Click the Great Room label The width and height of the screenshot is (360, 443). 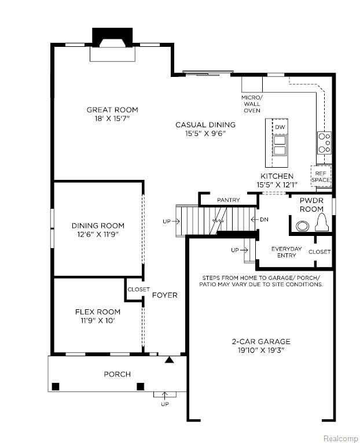pyautogui.click(x=112, y=110)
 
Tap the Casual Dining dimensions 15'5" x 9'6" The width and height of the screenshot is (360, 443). pyautogui.click(x=205, y=134)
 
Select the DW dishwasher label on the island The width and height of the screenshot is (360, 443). pyautogui.click(x=280, y=127)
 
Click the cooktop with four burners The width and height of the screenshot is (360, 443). pyautogui.click(x=324, y=143)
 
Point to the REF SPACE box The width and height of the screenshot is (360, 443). pyautogui.click(x=321, y=176)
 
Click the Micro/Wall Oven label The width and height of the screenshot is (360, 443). pyautogui.click(x=252, y=104)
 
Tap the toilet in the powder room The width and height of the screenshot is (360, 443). pyautogui.click(x=321, y=222)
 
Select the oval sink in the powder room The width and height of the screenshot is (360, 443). pyautogui.click(x=302, y=226)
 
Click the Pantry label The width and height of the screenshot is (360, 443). pyautogui.click(x=228, y=200)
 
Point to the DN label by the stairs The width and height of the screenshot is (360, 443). pyautogui.click(x=264, y=220)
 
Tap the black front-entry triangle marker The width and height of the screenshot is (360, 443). pyautogui.click(x=169, y=360)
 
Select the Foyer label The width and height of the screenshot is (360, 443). pyautogui.click(x=165, y=296)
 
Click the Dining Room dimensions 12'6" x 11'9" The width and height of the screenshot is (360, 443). pyautogui.click(x=98, y=234)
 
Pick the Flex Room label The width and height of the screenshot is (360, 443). pyautogui.click(x=98, y=312)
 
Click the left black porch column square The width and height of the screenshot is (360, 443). pyautogui.click(x=56, y=386)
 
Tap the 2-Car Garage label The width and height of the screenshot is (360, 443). pyautogui.click(x=261, y=342)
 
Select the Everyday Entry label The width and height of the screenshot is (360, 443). pyautogui.click(x=286, y=252)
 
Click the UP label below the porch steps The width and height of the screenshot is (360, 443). pyautogui.click(x=165, y=404)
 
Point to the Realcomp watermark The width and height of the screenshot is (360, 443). pyautogui.click(x=340, y=438)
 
